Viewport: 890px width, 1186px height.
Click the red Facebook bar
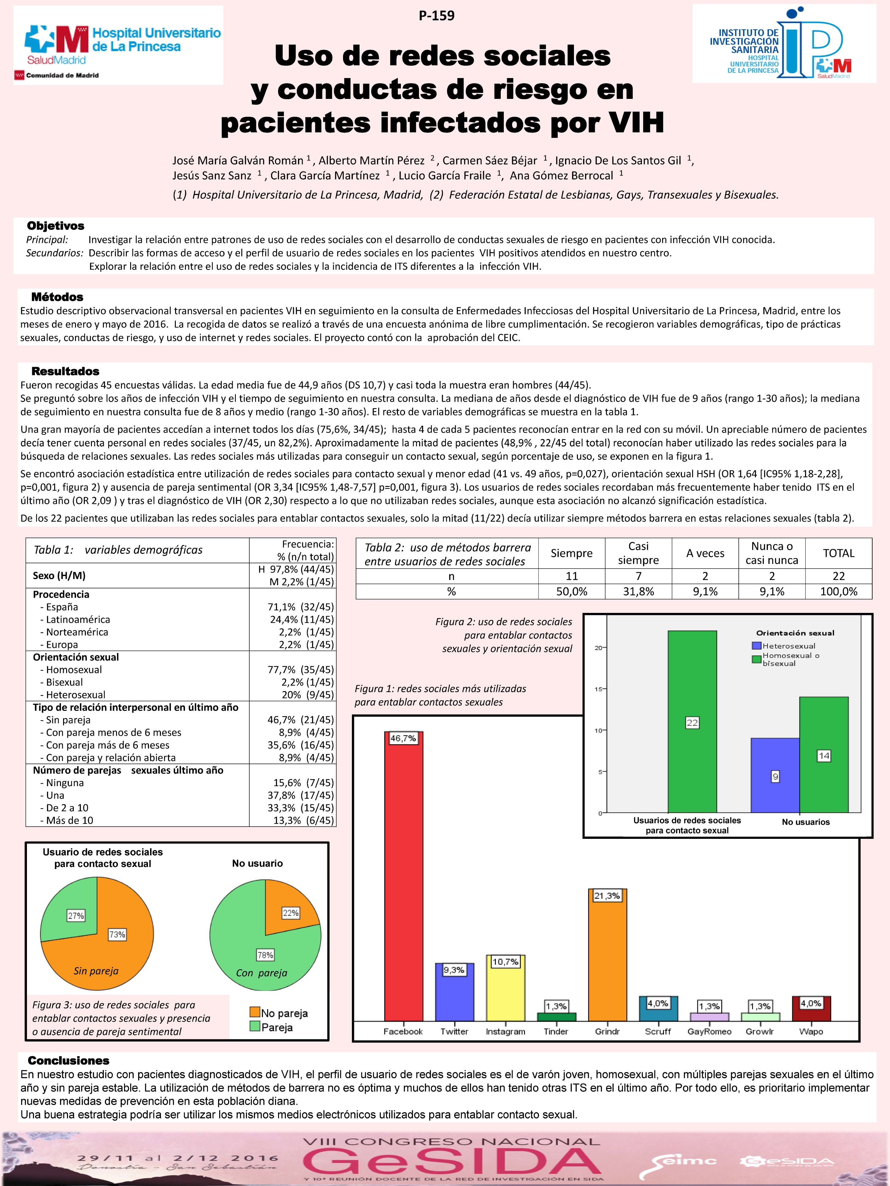point(403,879)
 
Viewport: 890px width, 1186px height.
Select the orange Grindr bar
point(607,960)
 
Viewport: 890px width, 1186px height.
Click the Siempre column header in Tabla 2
point(571,553)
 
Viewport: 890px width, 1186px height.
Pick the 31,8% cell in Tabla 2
point(638,591)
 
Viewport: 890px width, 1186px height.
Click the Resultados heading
point(66,371)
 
